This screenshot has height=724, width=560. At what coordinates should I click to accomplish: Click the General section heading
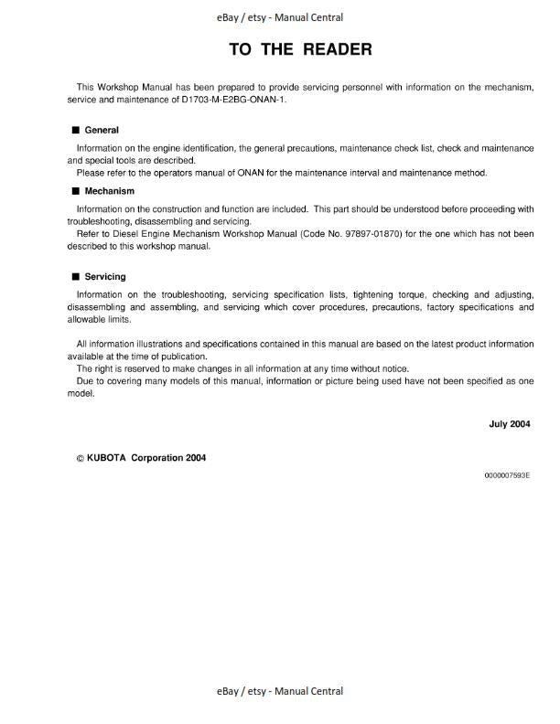[x=102, y=131]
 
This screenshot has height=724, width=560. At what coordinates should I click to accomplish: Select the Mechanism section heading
[x=109, y=192]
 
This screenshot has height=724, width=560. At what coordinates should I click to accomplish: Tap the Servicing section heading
[x=105, y=276]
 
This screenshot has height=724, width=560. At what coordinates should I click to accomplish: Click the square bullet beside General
[x=75, y=131]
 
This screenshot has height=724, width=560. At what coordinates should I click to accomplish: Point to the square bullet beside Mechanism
[x=75, y=192]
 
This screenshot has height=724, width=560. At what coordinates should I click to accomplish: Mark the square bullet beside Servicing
[x=75, y=276]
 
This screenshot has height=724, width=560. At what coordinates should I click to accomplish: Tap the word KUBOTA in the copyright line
[x=107, y=458]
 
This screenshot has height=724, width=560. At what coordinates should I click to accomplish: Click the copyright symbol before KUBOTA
[x=80, y=458]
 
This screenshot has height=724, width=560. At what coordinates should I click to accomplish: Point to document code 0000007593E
[x=507, y=476]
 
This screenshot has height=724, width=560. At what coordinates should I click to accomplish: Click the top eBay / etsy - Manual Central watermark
[x=280, y=17]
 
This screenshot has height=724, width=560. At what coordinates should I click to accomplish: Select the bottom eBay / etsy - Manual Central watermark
[x=280, y=692]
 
